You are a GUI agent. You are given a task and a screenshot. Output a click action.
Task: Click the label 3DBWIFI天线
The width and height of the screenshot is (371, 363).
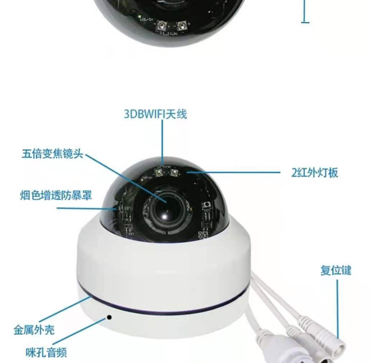pos(155,114)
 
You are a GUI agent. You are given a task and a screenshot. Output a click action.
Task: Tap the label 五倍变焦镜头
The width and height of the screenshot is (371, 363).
pos(53,154)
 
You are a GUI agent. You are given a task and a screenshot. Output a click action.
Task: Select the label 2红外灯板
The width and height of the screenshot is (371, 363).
pos(315,173)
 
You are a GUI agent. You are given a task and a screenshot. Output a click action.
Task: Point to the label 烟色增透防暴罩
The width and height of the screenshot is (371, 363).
pos(56,195)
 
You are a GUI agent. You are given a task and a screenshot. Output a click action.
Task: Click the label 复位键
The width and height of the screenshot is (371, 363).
pos(336,270)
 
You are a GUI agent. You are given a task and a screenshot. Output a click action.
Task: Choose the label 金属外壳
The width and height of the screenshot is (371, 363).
pos(34,330)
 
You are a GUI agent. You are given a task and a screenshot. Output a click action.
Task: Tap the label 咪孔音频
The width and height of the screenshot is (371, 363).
pos(46,353)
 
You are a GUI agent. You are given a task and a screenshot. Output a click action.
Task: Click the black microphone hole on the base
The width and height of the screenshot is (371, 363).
pos(109,317)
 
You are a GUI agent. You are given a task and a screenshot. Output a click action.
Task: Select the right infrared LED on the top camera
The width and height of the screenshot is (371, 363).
pos(181,25)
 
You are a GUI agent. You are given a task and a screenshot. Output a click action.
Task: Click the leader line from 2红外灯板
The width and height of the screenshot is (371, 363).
pos(233,172)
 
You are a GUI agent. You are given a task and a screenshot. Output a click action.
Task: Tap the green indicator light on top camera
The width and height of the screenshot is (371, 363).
pos(139,16)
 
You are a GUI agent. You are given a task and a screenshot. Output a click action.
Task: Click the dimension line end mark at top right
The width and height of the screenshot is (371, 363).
pos(305,23)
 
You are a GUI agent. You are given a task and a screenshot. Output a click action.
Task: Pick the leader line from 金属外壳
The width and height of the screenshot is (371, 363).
pos(65,309)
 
